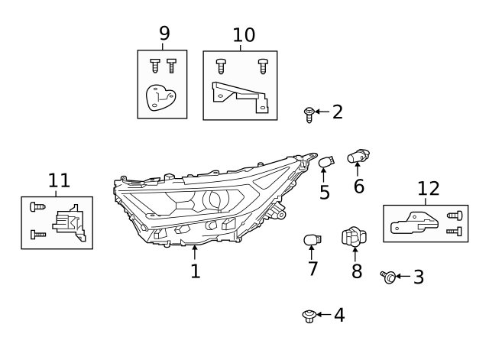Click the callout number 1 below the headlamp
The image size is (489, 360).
click(196, 271)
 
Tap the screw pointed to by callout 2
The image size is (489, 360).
click(309, 115)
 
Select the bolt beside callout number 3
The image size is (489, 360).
click(388, 277)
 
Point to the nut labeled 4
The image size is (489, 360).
click(309, 316)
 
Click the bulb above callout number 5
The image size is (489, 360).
click(326, 162)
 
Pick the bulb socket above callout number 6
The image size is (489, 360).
click(358, 156)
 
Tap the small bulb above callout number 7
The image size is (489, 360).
click(313, 240)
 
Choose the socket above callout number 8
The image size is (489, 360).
click(354, 237)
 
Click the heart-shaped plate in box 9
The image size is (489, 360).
click(160, 98)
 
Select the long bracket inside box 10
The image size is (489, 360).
click(240, 96)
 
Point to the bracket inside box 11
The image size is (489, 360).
click(70, 222)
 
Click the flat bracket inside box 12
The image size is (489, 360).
click(414, 223)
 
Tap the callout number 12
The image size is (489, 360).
click(428, 189)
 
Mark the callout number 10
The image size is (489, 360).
click(244, 35)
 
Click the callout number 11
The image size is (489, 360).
click(59, 180)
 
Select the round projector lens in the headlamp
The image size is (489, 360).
click(215, 199)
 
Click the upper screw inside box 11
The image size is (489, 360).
click(37, 206)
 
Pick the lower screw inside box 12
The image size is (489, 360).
click(454, 231)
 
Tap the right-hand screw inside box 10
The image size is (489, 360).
click(263, 66)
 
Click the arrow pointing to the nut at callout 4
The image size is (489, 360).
click(324, 315)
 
